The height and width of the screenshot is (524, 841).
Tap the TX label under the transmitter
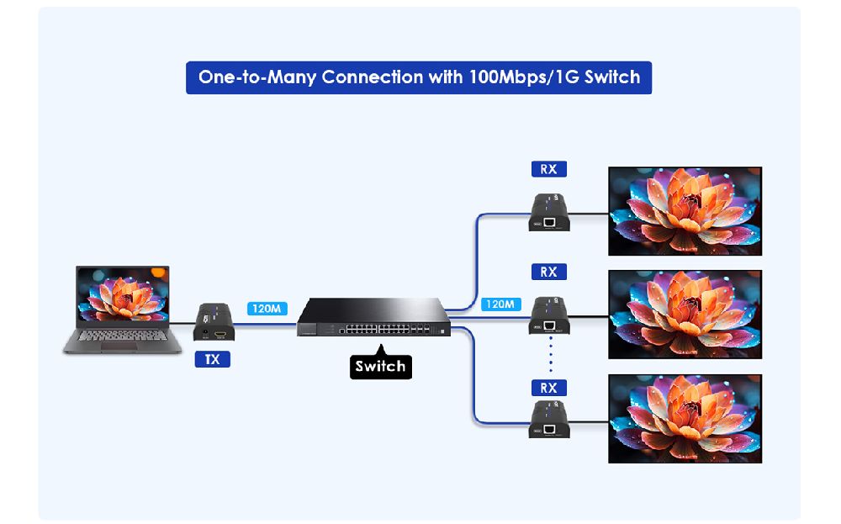[213, 359]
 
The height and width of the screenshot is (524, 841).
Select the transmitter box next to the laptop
[215, 322]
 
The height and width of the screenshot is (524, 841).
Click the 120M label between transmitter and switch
[267, 309]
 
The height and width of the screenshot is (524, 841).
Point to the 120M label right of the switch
[500, 304]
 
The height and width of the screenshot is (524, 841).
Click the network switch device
[374, 317]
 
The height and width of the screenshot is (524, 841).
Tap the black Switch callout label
[381, 366]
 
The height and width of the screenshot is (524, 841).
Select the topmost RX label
[548, 169]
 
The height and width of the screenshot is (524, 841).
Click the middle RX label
[548, 272]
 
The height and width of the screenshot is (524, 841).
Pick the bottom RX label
[548, 388]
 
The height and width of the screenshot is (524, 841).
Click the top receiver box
[552, 213]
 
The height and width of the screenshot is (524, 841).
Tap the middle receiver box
[552, 316]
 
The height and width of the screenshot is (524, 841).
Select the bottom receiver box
[552, 421]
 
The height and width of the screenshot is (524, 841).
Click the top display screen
[685, 211]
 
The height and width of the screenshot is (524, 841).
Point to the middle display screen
[685, 315]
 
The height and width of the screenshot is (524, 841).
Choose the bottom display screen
[685, 419]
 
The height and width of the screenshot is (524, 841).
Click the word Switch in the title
[611, 77]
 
